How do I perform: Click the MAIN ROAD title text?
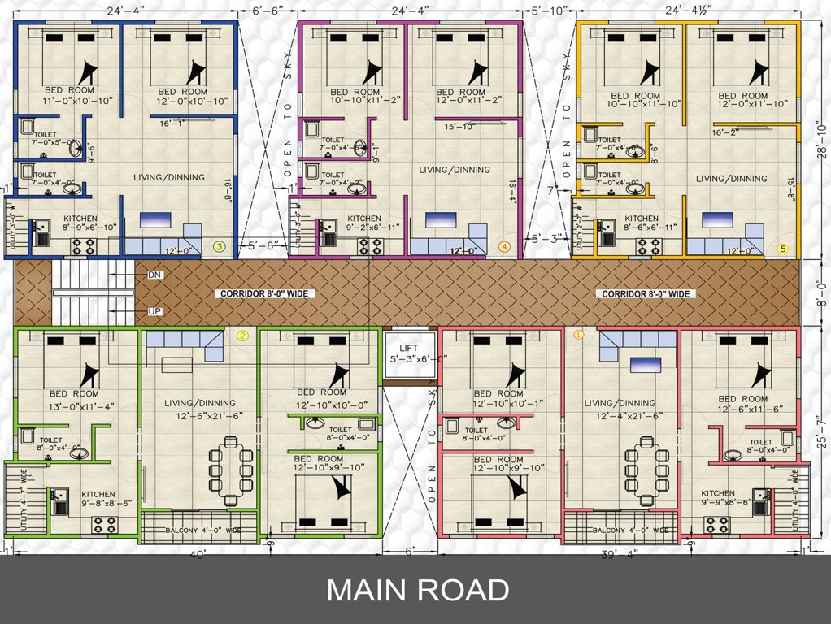coord(417,590)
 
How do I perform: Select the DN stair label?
coord(154,275)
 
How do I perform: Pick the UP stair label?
coord(154,311)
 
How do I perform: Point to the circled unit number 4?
coord(505,246)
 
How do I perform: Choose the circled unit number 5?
coord(783,249)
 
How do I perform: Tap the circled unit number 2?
coord(241,335)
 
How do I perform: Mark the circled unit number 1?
coord(579,334)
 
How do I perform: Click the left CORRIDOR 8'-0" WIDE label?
coord(265,293)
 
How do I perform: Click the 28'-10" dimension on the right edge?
coord(820,139)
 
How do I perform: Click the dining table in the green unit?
coord(230,470)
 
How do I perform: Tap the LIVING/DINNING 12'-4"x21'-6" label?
coord(625,409)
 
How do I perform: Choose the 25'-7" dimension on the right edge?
coord(820,431)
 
